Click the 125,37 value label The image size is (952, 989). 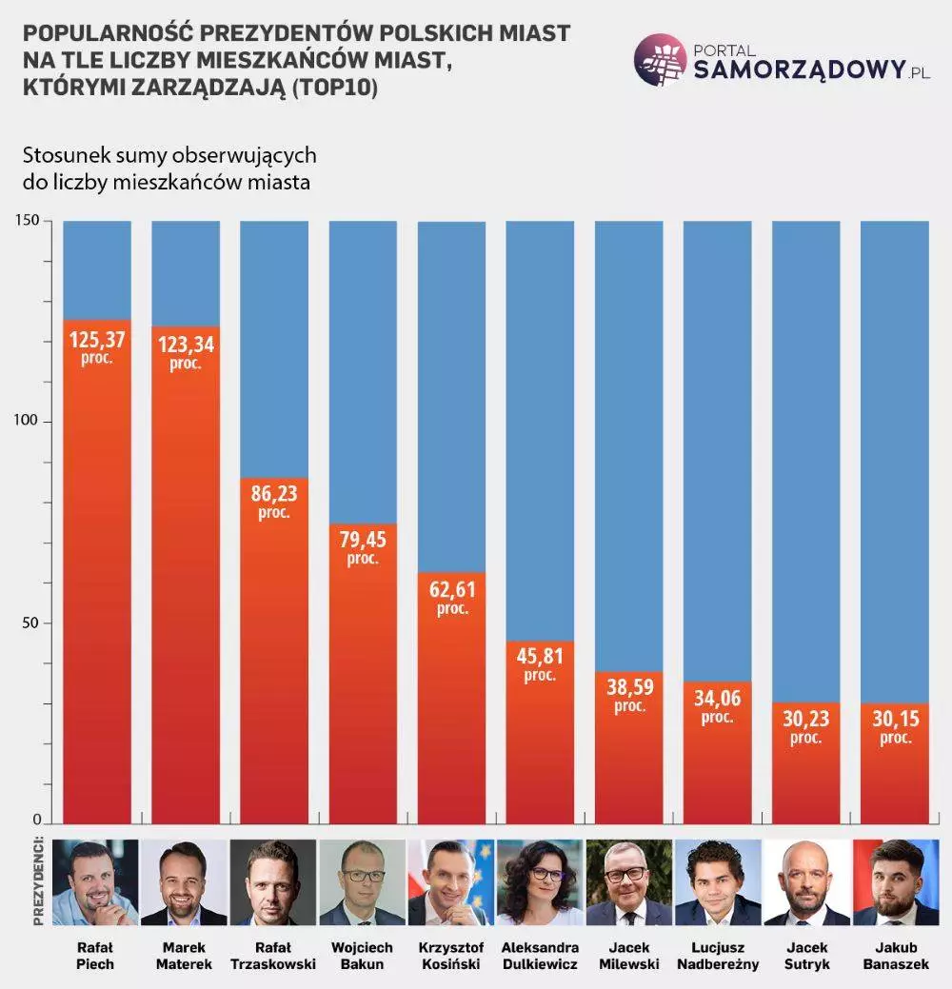97,339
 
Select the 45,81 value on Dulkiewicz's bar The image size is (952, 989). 539,657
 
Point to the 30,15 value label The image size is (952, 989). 895,719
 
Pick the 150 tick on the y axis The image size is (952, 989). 26,221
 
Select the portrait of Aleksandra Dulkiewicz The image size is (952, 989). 540,882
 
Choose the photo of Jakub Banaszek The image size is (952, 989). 895,882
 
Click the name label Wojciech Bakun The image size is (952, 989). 362,956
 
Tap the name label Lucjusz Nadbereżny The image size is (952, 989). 718,956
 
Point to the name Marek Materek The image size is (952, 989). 185,956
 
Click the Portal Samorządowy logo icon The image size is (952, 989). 660,59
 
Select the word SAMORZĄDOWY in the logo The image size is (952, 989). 798,69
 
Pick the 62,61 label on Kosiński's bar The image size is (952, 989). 452,596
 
